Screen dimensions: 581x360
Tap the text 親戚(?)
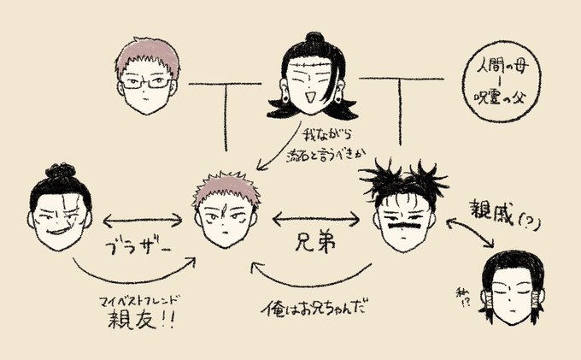pyautogui.click(x=504, y=211)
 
